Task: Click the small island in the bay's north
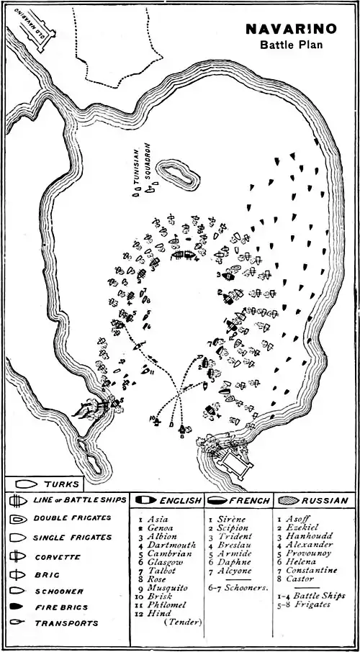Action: pos(174,173)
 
